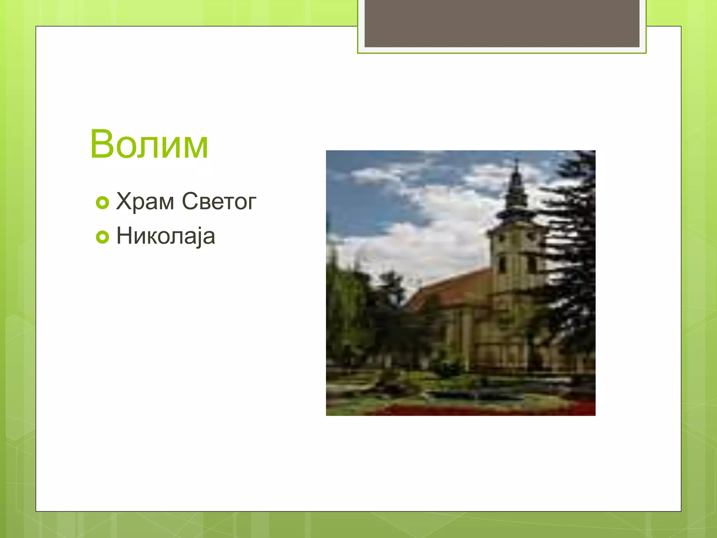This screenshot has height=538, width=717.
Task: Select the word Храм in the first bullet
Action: pyautogui.click(x=145, y=202)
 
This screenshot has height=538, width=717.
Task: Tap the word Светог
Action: pyautogui.click(x=219, y=202)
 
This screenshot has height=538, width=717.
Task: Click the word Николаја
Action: pyautogui.click(x=166, y=236)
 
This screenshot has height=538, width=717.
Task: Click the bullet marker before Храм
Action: pyautogui.click(x=103, y=203)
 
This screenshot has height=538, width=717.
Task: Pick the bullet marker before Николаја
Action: pyautogui.click(x=103, y=237)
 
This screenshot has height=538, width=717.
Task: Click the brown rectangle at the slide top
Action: pyautogui.click(x=502, y=23)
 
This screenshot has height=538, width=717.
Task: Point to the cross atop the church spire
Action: pyautogui.click(x=517, y=163)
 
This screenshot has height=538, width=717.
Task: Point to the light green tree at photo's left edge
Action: pyautogui.click(x=341, y=308)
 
